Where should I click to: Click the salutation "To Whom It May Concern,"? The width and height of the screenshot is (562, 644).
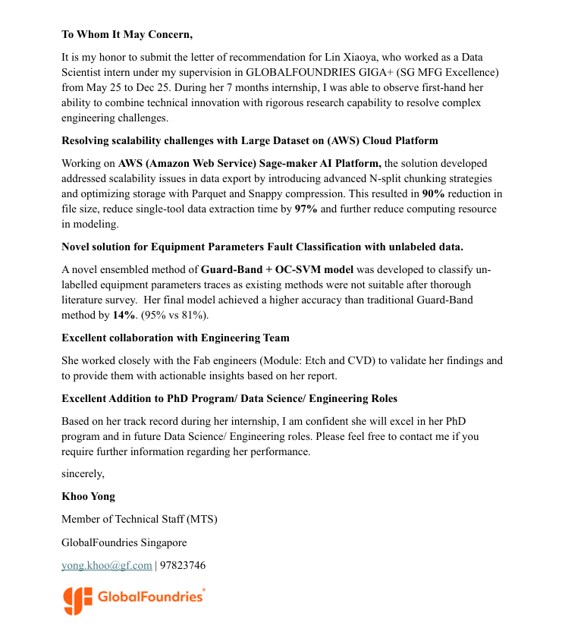(x=127, y=34)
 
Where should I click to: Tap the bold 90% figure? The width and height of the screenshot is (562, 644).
(x=434, y=193)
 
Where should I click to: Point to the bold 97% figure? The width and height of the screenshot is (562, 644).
(x=306, y=209)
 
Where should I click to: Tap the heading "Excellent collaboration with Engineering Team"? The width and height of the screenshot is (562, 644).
(x=175, y=338)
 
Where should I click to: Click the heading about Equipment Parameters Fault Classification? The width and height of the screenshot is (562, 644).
(x=262, y=247)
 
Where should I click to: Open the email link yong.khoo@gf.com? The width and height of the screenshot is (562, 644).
(x=107, y=565)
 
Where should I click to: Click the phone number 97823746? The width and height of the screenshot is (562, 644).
(x=183, y=565)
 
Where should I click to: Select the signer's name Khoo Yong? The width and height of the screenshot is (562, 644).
(x=88, y=497)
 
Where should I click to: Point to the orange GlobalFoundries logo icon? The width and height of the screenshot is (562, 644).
(x=77, y=600)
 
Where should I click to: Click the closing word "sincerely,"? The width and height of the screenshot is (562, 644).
(x=83, y=474)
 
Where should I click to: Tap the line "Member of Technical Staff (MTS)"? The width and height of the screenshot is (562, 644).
(x=139, y=520)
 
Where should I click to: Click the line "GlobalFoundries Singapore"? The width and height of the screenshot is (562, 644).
(x=124, y=542)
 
